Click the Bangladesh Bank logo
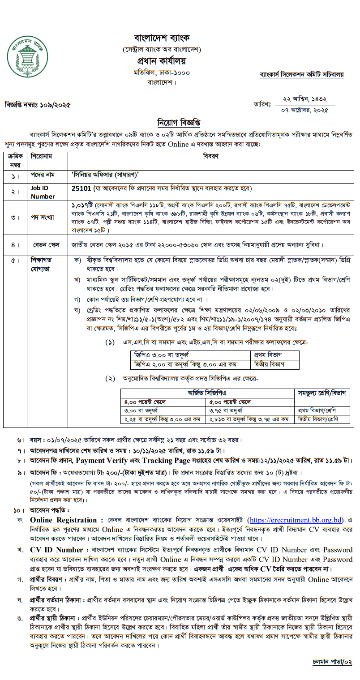[x=27, y=56]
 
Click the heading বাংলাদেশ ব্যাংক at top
[x=162, y=37]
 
